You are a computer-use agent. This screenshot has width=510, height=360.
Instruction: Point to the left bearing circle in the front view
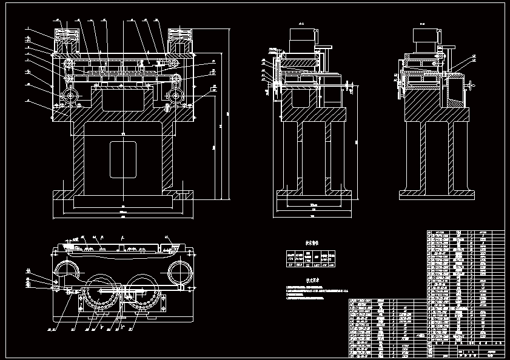pyautogui.click(x=70, y=96)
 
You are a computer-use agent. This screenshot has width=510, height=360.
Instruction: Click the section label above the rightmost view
pyautogui.click(x=423, y=25)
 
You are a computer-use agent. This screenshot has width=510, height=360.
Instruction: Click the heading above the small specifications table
pyautogui.click(x=311, y=243)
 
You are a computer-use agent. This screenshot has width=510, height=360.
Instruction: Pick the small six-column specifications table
pyautogui.click(x=311, y=258)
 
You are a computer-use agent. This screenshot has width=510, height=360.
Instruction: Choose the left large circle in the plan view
pyautogui.click(x=69, y=273)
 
